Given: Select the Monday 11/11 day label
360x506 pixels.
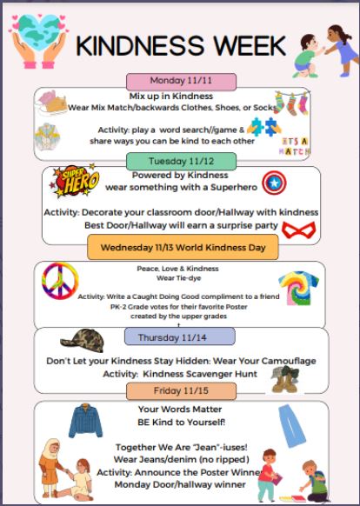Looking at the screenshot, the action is [x=181, y=81].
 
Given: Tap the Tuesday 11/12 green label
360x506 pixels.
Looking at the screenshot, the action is [x=181, y=161].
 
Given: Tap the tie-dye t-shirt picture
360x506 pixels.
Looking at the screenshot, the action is [x=297, y=289].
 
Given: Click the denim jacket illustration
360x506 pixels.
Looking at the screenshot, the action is [x=85, y=422].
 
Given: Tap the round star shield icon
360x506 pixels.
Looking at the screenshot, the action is [x=275, y=183].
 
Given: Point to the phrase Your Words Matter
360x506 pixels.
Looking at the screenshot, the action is [x=182, y=409].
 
